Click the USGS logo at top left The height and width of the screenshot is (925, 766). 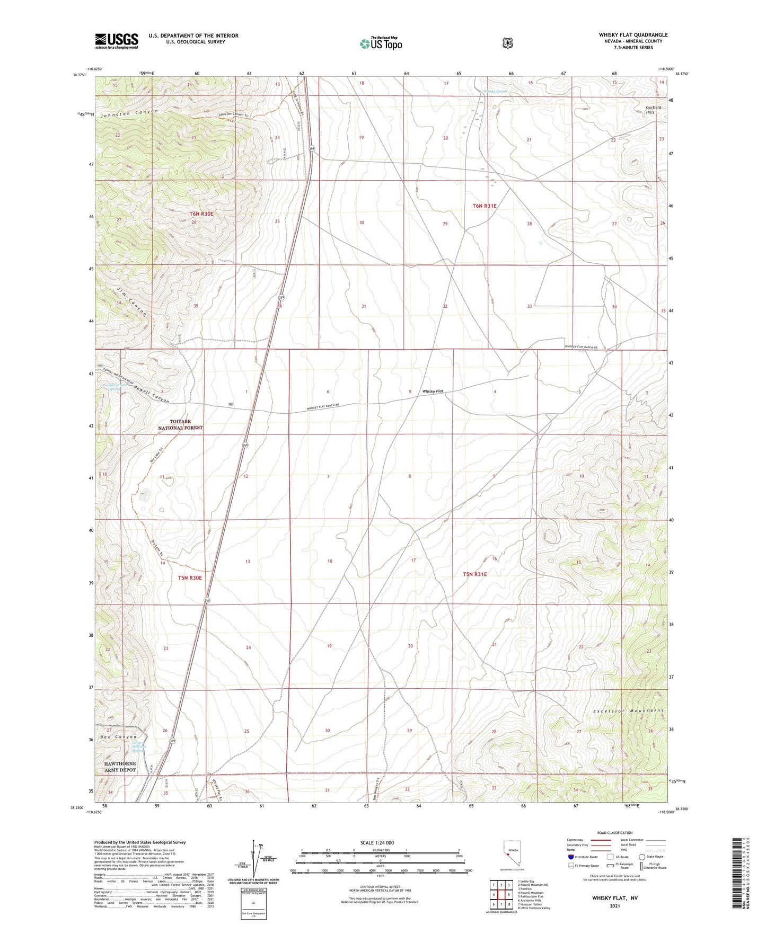click(117, 41)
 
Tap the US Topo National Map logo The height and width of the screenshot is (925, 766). click(381, 43)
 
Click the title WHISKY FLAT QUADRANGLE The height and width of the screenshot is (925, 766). click(633, 35)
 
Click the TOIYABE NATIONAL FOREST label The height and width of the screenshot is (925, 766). click(180, 424)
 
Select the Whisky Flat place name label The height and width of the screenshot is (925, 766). click(433, 392)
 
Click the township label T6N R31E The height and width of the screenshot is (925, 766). click(484, 206)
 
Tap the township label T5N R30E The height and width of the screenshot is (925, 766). click(190, 577)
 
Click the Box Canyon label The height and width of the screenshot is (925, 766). click(120, 737)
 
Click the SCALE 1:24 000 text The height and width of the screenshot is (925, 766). click(376, 842)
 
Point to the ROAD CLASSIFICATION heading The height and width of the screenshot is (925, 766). click(614, 833)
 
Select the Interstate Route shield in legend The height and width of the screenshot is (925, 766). click(570, 856)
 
